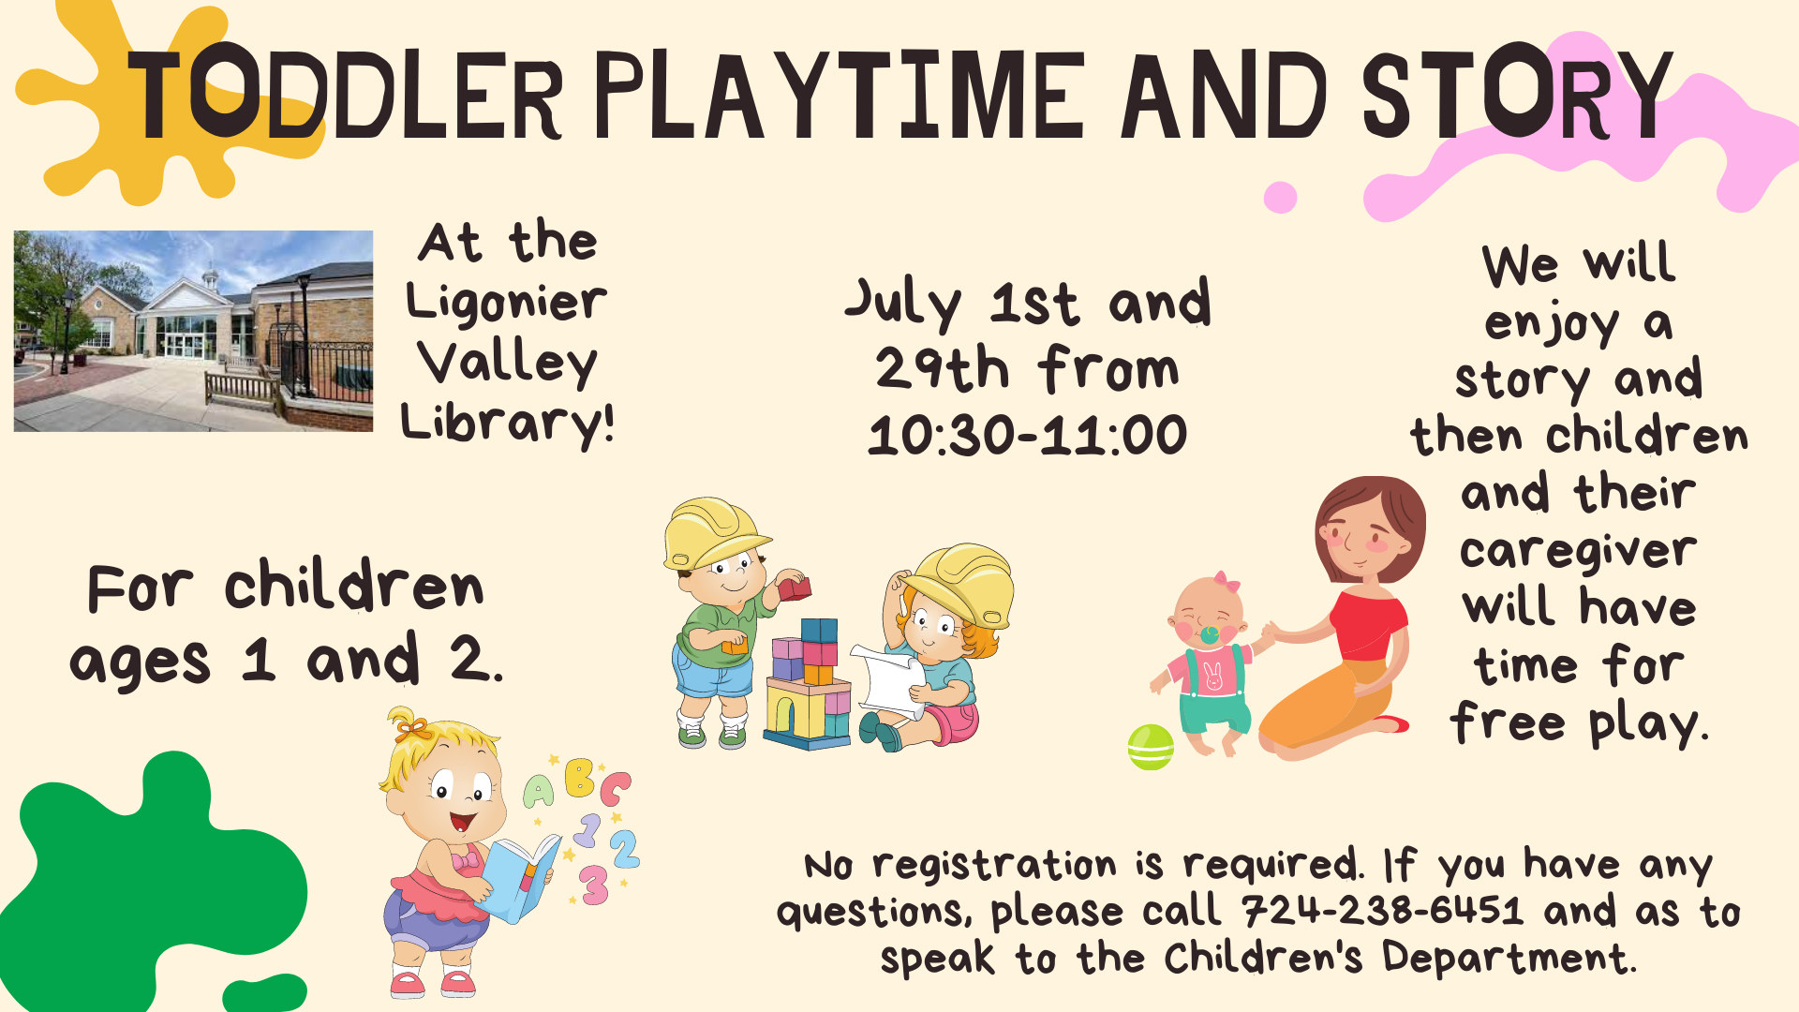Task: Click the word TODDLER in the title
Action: pos(346,94)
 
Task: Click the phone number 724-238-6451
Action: pos(1383,911)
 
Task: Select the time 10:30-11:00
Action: pos(1028,436)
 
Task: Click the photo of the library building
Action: pos(193,331)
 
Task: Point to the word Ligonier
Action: pos(506,303)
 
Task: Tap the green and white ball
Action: pos(1151,747)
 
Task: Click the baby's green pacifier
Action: pos(1210,634)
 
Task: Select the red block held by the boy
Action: pos(794,588)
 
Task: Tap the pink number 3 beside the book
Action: pos(594,885)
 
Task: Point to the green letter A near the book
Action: pos(539,793)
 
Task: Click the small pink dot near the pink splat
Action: pos(1280,197)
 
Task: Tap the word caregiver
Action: pos(1578,551)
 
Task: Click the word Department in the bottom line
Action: pos(1509,958)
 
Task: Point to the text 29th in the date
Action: pos(942,368)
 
